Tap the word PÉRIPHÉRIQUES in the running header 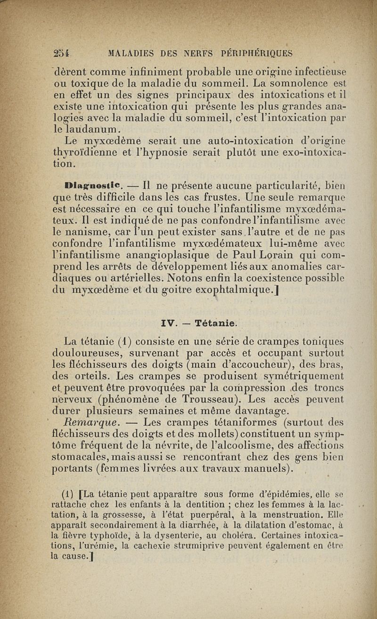[x=255, y=53]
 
